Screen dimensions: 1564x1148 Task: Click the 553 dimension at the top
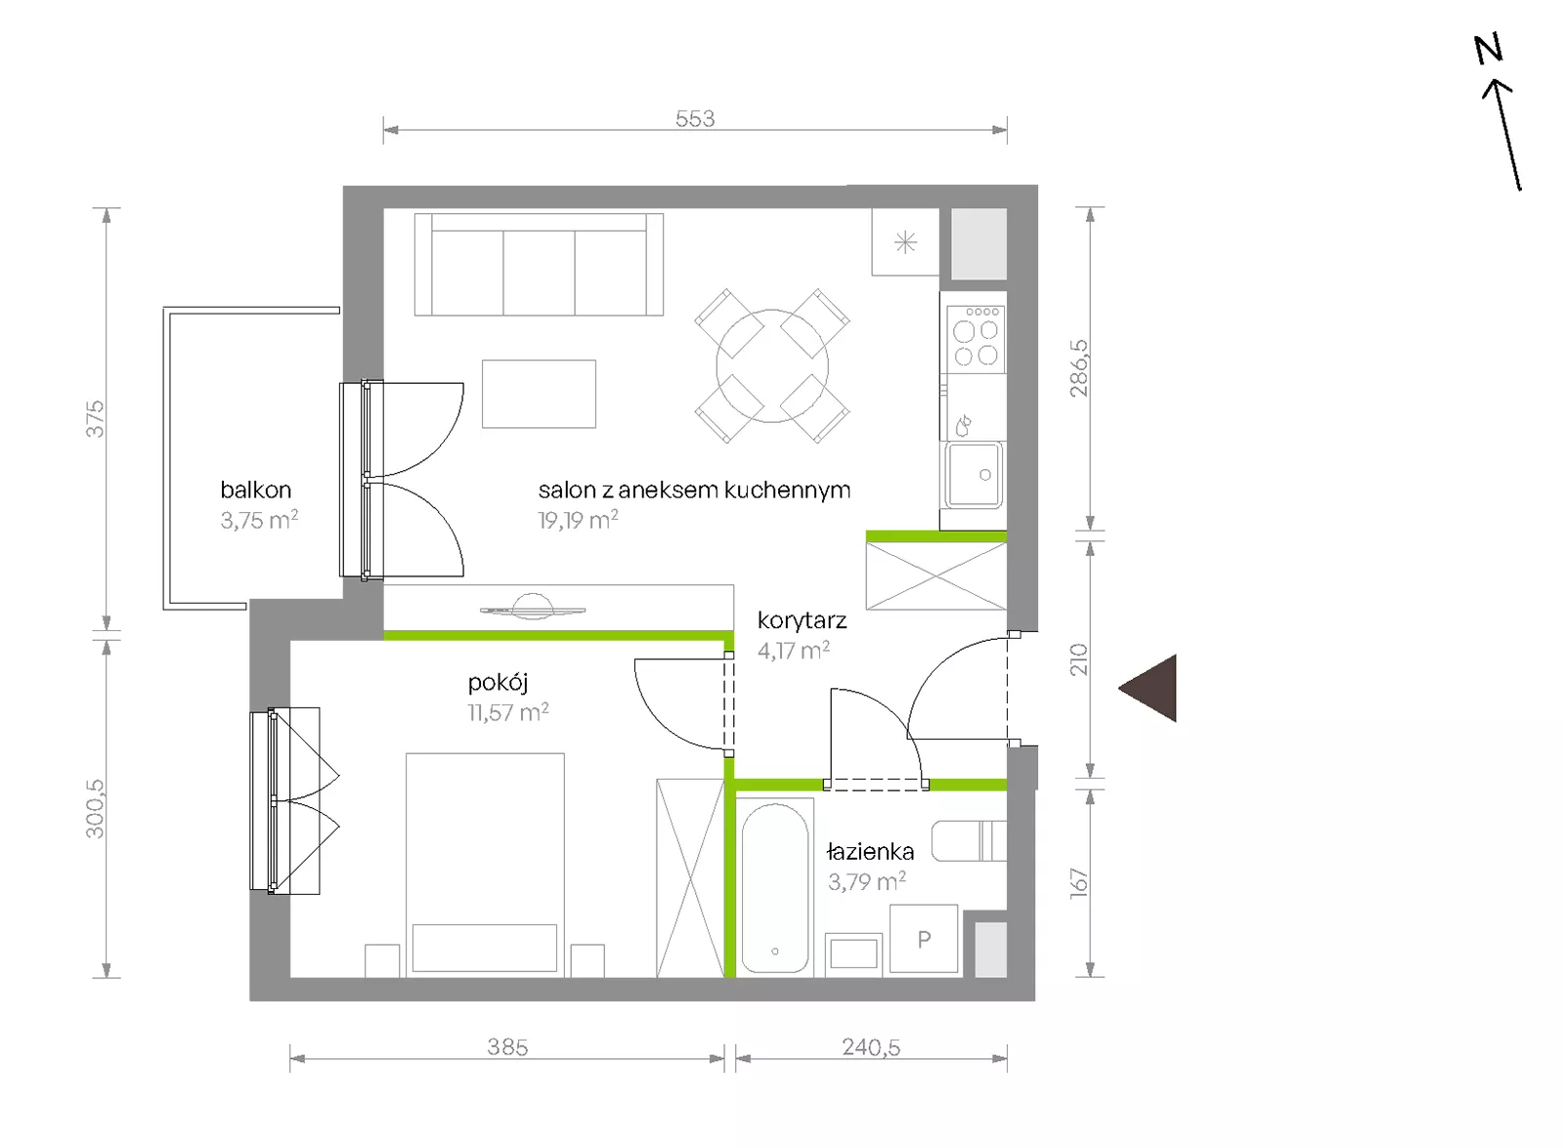point(695,118)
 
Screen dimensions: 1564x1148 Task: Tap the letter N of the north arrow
point(1489,49)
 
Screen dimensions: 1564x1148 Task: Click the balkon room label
point(255,489)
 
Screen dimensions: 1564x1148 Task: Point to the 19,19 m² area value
point(578,520)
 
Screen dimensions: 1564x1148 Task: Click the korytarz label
point(803,620)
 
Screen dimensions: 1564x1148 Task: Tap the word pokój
point(498,683)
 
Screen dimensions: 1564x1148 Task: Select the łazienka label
point(870,851)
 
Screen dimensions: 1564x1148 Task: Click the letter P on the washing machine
point(924,939)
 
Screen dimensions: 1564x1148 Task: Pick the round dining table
point(772,365)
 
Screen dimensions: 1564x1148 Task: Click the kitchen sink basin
point(974,475)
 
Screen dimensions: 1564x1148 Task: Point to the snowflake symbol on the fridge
point(905,243)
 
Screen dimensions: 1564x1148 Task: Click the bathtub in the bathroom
point(774,888)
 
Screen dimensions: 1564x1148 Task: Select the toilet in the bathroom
point(969,841)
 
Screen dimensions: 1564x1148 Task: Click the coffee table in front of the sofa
point(539,394)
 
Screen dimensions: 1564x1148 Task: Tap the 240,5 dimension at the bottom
point(871,1047)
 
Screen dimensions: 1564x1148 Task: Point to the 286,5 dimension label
point(1079,367)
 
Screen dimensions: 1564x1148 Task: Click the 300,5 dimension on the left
point(95,809)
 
